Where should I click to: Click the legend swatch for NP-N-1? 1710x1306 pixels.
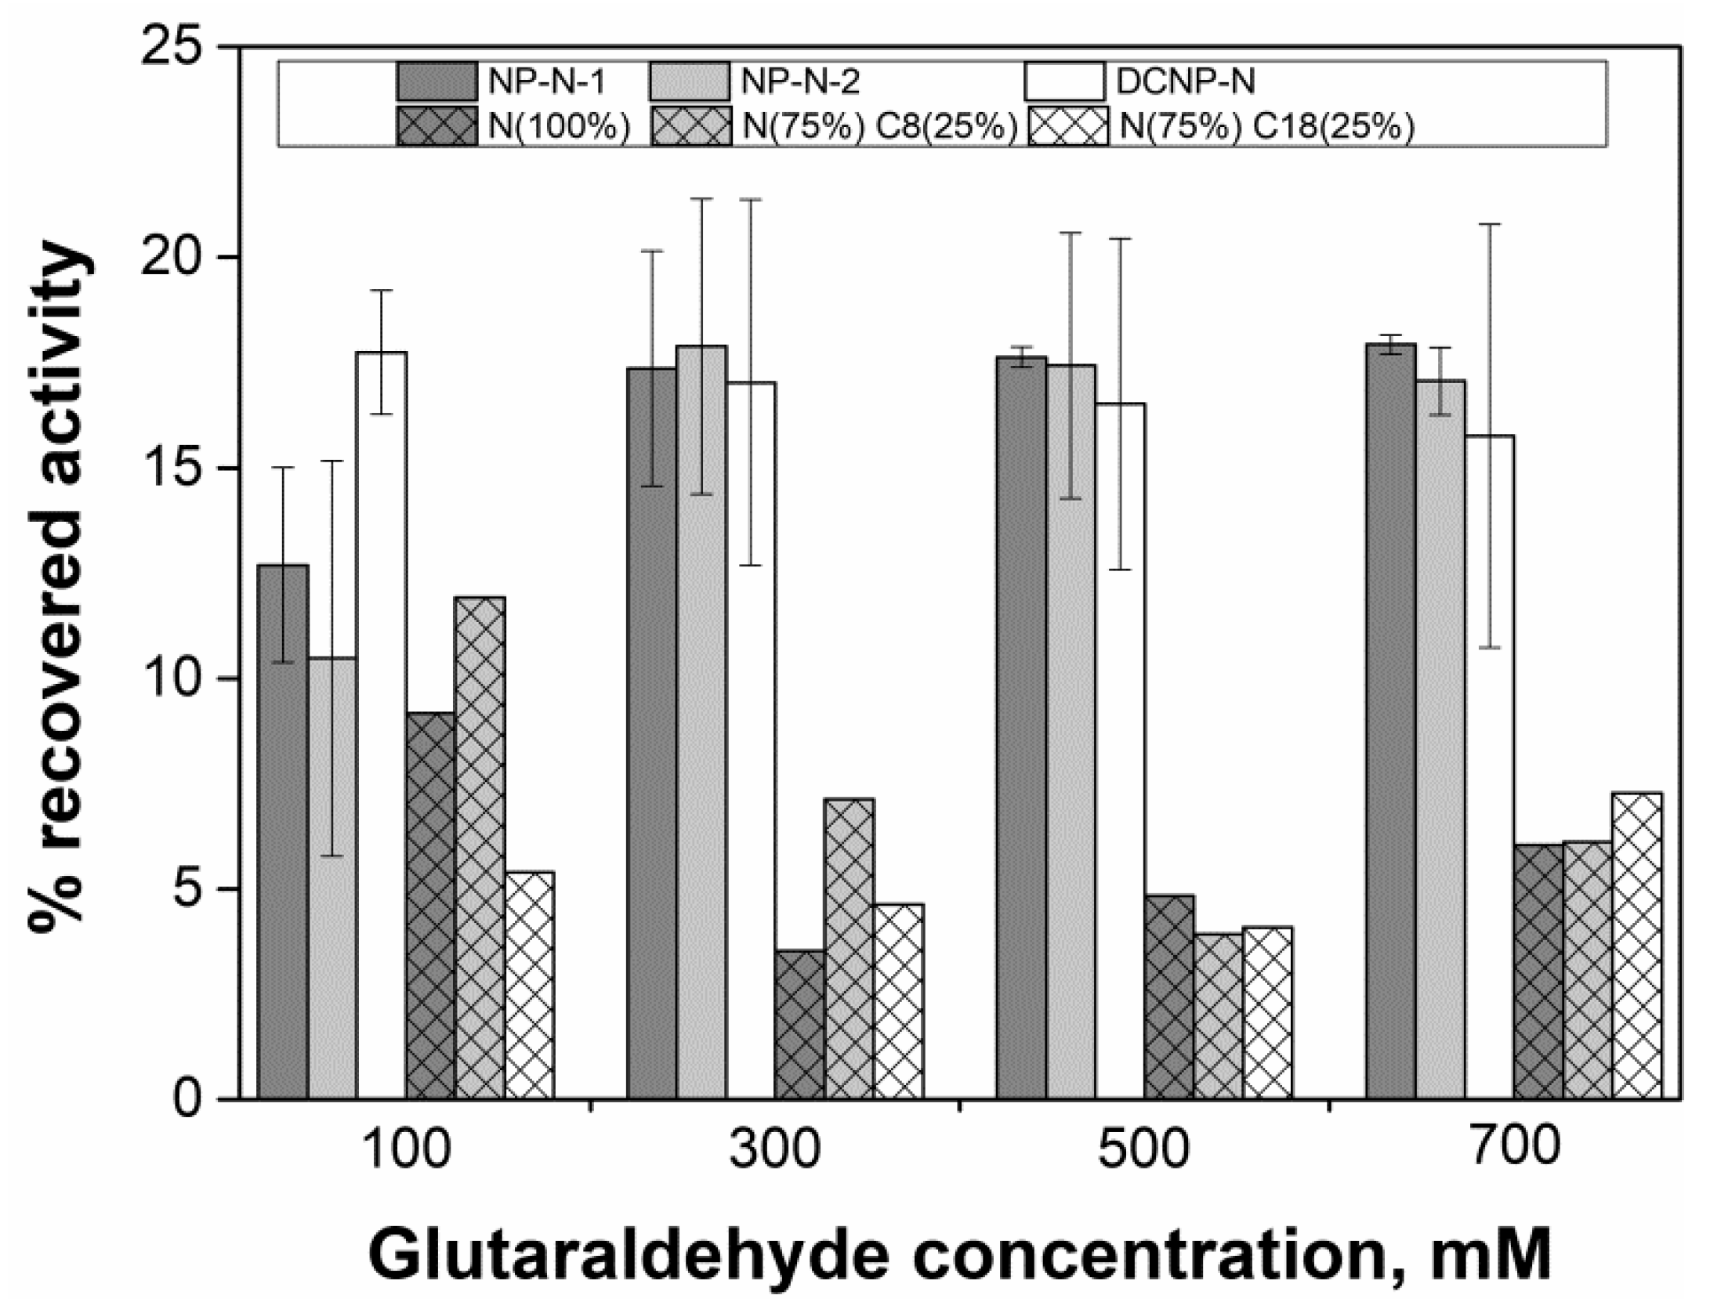click(x=437, y=81)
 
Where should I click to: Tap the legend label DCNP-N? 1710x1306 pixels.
click(x=1185, y=81)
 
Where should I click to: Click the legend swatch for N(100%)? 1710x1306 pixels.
click(x=437, y=126)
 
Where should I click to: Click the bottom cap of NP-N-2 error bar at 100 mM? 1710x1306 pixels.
click(x=332, y=856)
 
